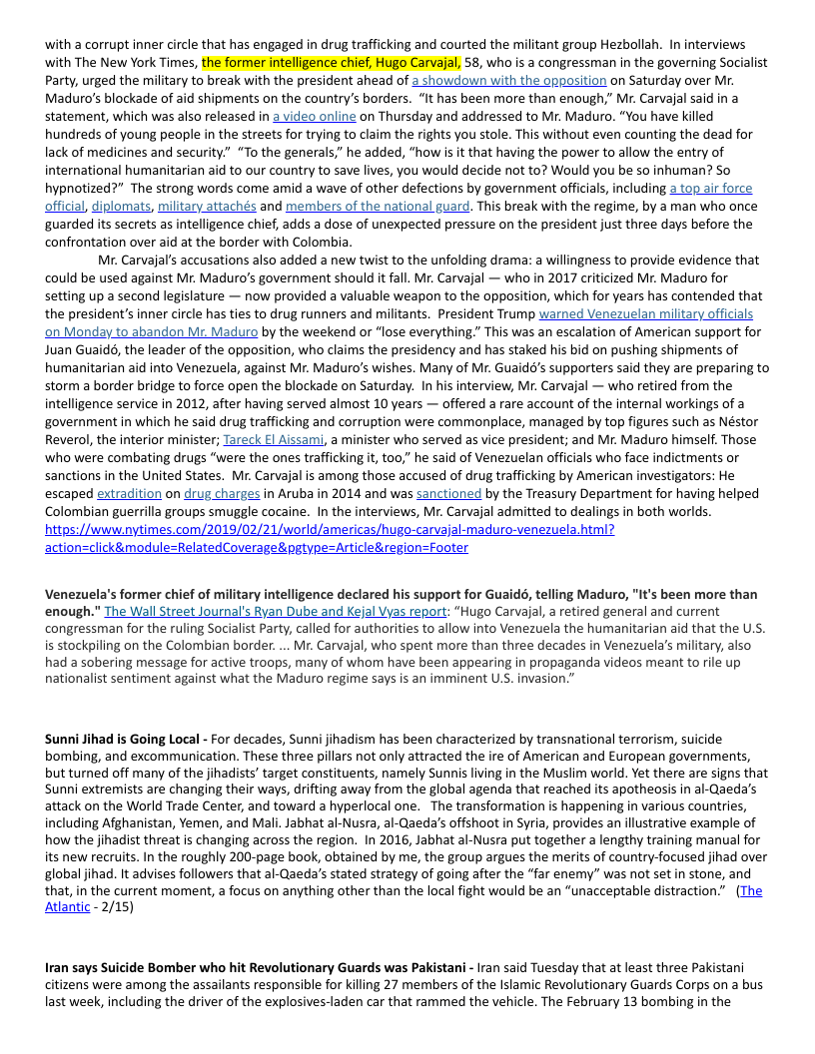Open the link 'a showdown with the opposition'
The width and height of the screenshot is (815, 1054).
[509, 80]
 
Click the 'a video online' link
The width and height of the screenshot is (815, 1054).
[314, 116]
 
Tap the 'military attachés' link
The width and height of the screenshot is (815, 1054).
[207, 207]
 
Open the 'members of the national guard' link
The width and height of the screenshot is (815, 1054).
[378, 207]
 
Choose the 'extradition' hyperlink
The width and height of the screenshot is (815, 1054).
[129, 493]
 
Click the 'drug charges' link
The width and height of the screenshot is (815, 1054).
[222, 493]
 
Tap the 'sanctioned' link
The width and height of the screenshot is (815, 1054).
[448, 493]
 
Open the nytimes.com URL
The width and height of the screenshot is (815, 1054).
[330, 538]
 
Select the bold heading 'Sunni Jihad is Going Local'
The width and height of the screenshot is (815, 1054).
[123, 739]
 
